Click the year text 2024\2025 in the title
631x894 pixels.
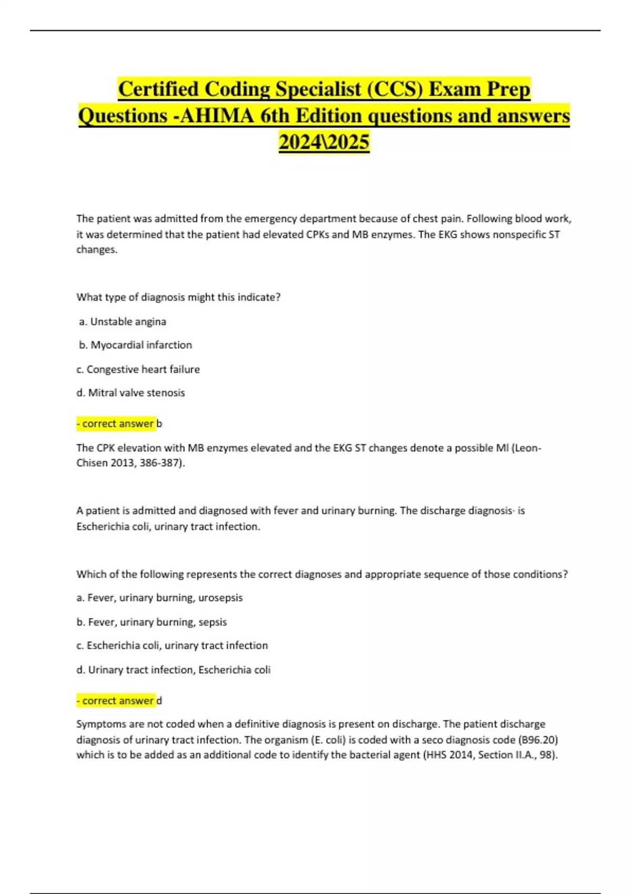tap(324, 142)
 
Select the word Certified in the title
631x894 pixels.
tap(157, 89)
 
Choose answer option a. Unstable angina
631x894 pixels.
tap(123, 321)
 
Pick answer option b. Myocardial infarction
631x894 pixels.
tap(136, 345)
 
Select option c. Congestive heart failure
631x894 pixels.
tap(138, 369)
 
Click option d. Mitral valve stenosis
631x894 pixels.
tap(131, 393)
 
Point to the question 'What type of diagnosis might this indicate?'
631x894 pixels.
tap(178, 297)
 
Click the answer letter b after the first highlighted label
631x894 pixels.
tap(159, 423)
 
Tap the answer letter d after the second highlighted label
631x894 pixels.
tap(159, 700)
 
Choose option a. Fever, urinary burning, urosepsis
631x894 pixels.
tap(159, 598)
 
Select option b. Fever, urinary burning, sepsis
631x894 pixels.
tap(151, 622)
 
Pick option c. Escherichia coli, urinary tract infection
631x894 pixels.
tap(172, 646)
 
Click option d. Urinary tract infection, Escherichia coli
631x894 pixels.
tap(174, 670)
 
